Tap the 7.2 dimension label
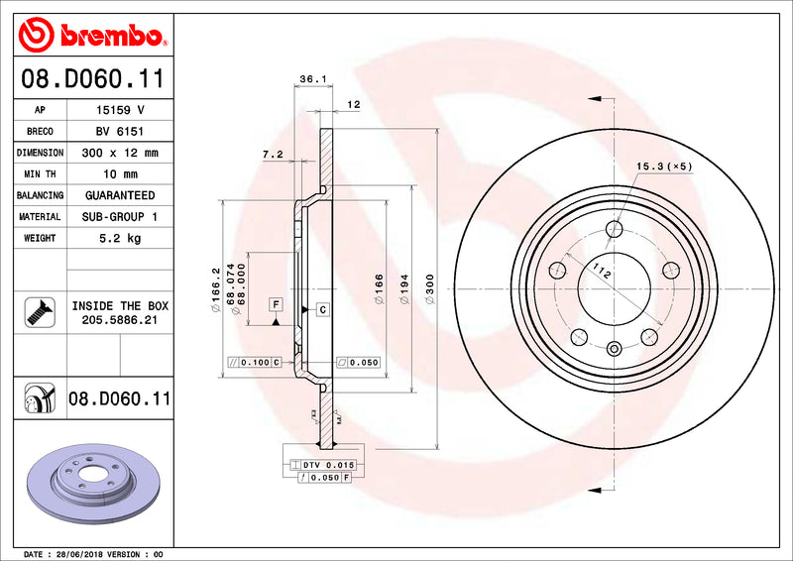click(x=273, y=154)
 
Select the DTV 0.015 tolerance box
click(x=328, y=464)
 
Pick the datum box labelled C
click(x=322, y=310)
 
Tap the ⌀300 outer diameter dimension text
click(x=429, y=288)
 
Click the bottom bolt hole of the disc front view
click(x=614, y=347)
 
